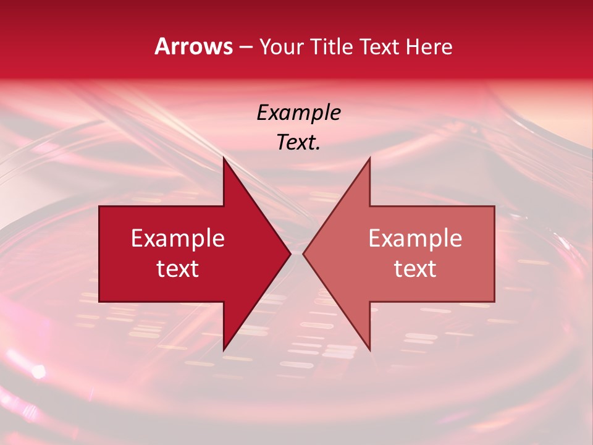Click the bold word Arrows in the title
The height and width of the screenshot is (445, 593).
(194, 46)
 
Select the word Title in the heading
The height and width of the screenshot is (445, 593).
(333, 46)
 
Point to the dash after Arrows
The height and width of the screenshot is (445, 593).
(246, 47)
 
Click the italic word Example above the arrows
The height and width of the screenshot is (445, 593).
(299, 112)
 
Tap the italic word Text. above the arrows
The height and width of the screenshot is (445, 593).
(299, 142)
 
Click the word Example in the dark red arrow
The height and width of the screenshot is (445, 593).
(178, 238)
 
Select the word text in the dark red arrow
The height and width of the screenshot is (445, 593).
(178, 268)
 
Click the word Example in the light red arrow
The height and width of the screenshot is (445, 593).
(415, 238)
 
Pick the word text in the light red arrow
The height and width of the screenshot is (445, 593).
(415, 268)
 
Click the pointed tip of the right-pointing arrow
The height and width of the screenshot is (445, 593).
(290, 254)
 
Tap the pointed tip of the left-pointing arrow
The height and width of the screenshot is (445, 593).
(303, 254)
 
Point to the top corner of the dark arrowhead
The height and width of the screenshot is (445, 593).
(224, 158)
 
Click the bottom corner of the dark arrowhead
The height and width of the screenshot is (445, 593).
(224, 350)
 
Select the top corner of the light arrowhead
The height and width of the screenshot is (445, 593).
(369, 158)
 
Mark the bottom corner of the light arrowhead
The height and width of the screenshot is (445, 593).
(369, 350)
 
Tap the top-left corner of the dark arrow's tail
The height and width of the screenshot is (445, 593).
(99, 206)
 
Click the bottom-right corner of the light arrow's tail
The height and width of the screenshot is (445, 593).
(494, 302)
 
